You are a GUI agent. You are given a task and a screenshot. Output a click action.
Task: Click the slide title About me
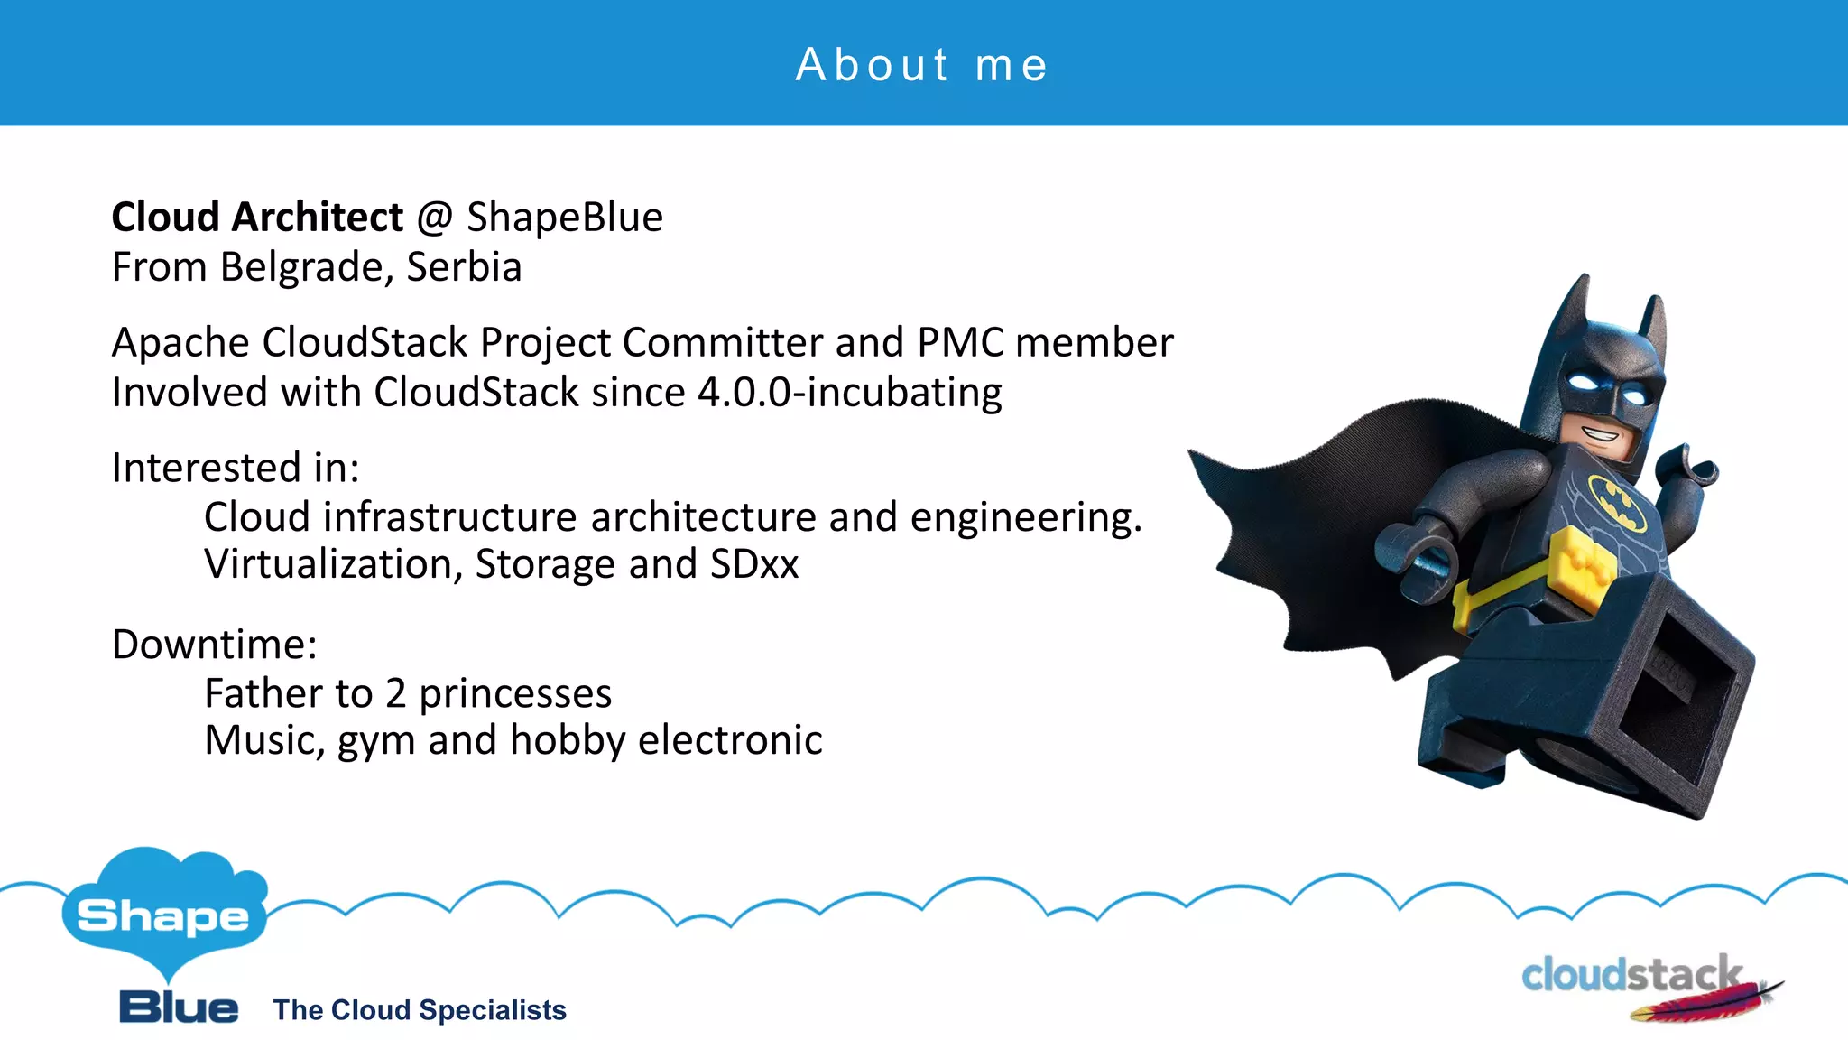coord(922,65)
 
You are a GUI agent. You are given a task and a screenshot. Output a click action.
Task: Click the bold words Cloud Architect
coord(257,218)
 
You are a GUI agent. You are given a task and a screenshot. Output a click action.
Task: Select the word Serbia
coord(464,267)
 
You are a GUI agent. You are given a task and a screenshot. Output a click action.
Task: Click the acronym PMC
coord(960,343)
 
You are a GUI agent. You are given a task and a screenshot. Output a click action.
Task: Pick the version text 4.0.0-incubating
coord(849,393)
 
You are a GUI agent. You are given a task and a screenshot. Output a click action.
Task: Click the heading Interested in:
coord(236,468)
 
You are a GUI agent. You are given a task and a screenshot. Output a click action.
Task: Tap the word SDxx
coord(754,564)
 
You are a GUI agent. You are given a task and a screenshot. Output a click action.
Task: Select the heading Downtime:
coord(215,645)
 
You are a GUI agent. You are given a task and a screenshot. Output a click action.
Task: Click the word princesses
coord(515,694)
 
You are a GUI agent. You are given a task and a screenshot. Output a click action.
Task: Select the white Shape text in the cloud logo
coord(163,917)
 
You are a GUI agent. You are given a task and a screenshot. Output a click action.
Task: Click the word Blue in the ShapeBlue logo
coord(179,1007)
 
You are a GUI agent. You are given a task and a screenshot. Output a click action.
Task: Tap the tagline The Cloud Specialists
coord(420,1010)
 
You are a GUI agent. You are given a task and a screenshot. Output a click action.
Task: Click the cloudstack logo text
coord(1631,975)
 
